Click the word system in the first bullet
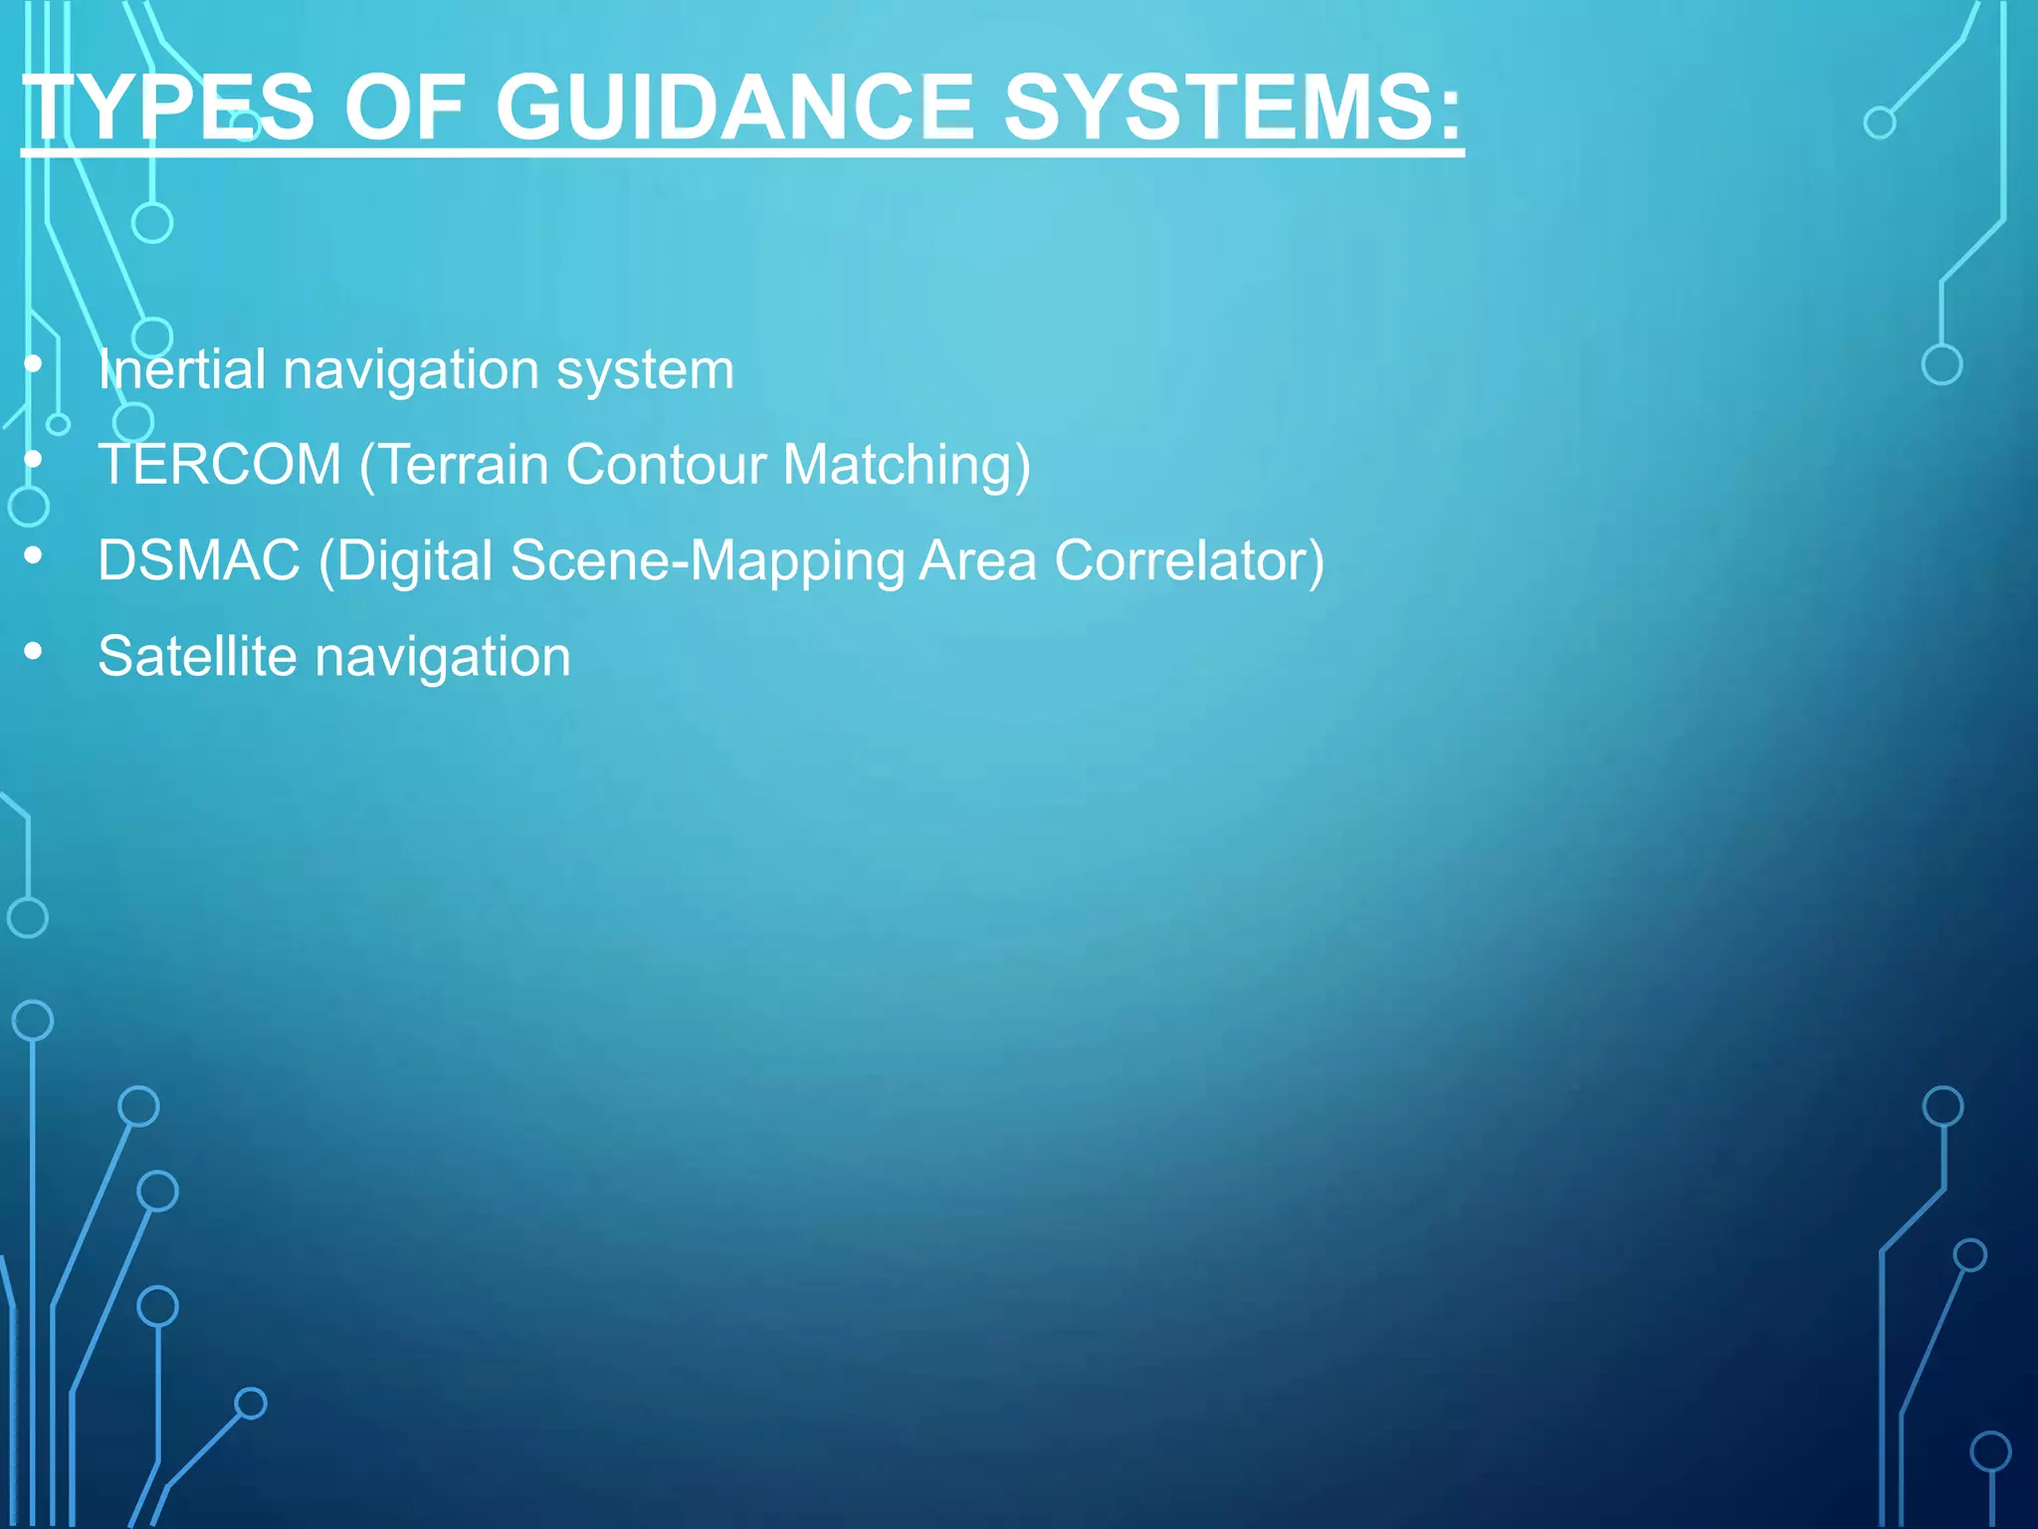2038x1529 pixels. pos(645,371)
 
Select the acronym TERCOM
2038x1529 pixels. pos(220,465)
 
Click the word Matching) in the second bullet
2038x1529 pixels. pos(907,466)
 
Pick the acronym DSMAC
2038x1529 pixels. pos(199,560)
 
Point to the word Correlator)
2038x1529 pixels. pos(1189,560)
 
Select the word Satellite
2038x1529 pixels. pos(197,657)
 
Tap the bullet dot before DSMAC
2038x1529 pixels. pos(34,555)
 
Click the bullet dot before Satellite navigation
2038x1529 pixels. pos(34,651)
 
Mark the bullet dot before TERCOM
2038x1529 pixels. pos(34,460)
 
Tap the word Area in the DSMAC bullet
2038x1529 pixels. pos(976,560)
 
